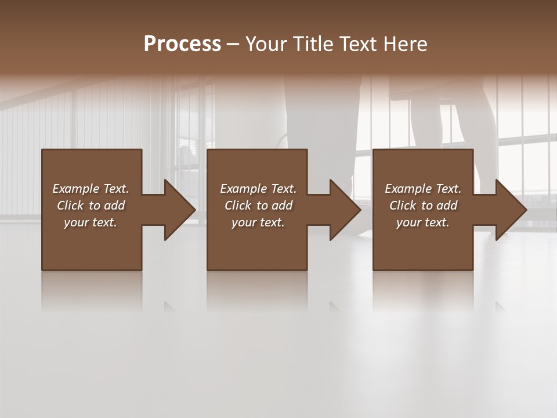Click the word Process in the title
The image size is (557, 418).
[182, 44]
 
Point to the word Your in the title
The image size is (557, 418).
[266, 44]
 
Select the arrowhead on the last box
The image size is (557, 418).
[510, 210]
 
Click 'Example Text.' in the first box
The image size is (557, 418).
[91, 189]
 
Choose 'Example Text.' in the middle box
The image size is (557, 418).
[258, 189]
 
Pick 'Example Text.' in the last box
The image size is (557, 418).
[423, 189]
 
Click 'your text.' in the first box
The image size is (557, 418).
[91, 222]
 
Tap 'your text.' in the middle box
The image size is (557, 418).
[258, 222]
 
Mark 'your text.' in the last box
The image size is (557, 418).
[423, 222]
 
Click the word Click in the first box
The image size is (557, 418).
[71, 206]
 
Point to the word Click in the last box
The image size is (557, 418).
[403, 206]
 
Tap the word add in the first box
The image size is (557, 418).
[114, 206]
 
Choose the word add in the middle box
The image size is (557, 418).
[282, 206]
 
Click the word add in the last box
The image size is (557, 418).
[447, 206]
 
